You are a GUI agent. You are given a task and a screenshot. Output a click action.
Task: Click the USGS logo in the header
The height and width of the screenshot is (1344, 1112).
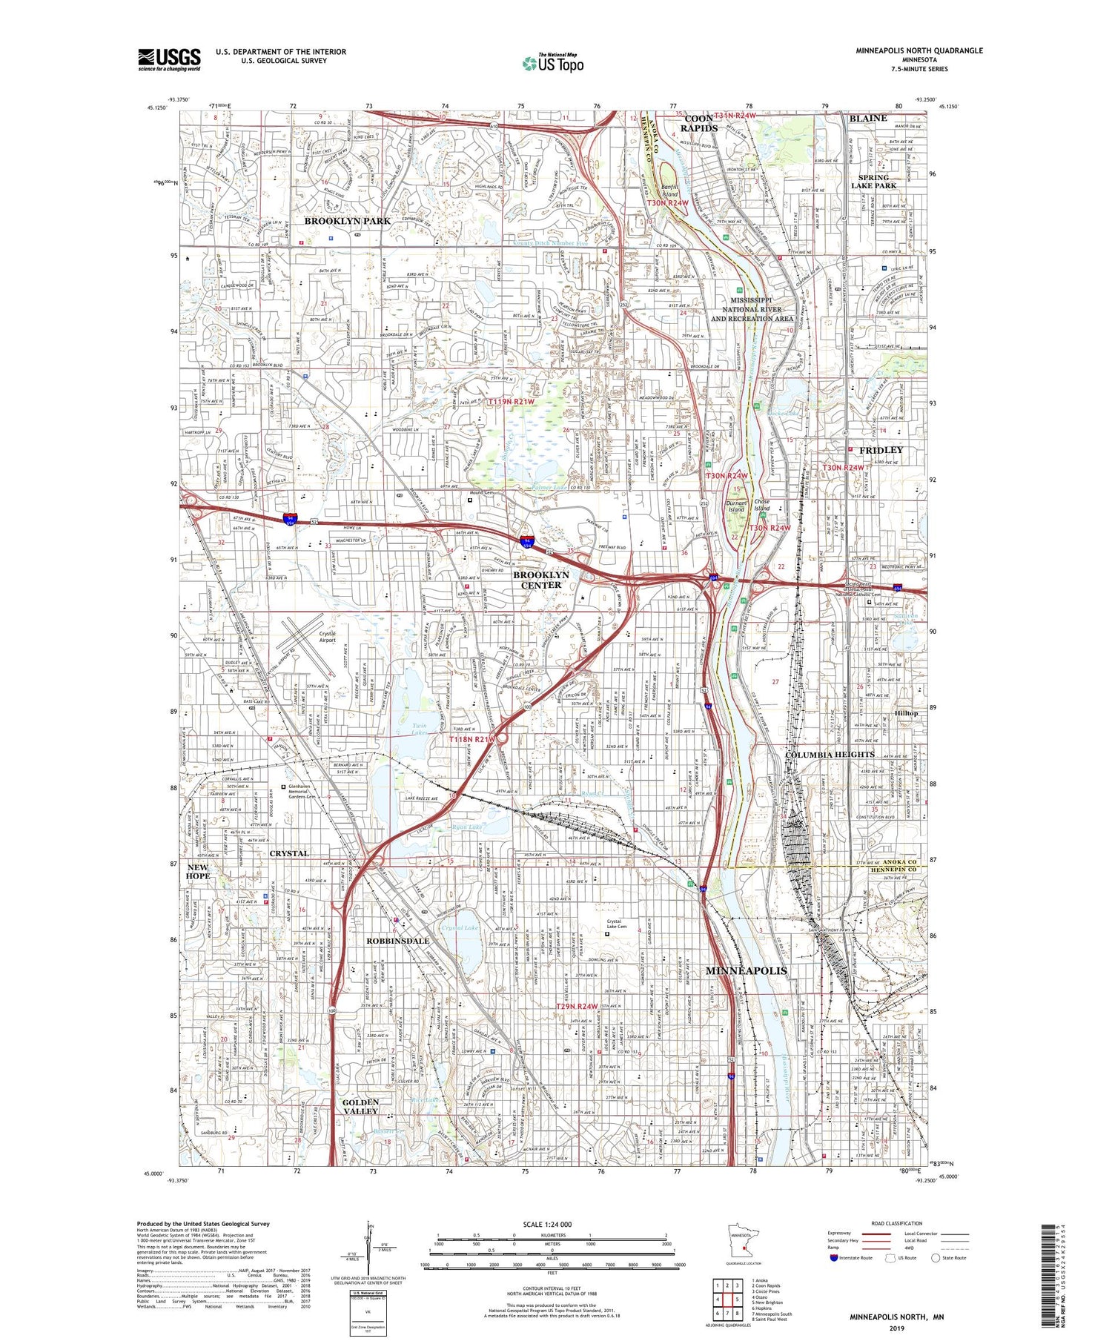point(169,59)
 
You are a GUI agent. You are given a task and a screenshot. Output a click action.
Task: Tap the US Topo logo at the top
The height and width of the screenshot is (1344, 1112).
point(552,63)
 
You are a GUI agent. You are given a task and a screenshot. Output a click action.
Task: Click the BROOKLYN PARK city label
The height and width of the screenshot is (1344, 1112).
point(348,221)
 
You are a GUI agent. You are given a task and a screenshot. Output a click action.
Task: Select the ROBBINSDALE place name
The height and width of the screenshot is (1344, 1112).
point(397,941)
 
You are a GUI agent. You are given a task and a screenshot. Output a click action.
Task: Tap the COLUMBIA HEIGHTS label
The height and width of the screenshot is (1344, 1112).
point(826,755)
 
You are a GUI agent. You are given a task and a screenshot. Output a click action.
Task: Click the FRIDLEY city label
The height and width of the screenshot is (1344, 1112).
point(881,450)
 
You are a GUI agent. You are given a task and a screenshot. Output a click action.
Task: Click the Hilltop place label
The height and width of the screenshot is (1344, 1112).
point(906,713)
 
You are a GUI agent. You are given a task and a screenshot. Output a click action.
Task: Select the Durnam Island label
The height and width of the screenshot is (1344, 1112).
point(736,506)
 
